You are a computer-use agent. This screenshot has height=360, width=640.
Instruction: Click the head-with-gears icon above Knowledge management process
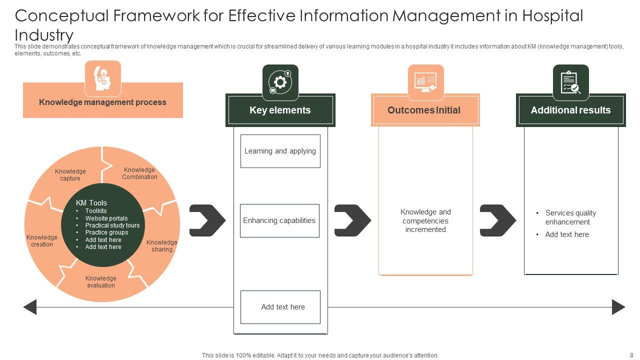(x=102, y=78)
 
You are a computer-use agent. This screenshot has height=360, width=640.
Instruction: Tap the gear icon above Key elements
(x=280, y=82)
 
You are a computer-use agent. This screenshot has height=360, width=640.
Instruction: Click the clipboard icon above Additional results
(x=570, y=82)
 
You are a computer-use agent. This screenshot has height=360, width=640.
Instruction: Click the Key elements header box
(x=280, y=110)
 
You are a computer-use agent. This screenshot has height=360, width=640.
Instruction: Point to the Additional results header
(x=570, y=110)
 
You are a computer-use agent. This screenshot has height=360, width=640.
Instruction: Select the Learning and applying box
(x=280, y=151)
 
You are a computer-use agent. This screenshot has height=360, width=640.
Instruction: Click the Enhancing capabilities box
(x=279, y=220)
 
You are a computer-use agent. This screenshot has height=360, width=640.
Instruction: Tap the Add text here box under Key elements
(x=280, y=307)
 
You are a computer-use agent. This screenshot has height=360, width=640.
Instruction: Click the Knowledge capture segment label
(x=70, y=175)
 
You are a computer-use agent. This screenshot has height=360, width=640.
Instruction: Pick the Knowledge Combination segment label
(x=139, y=173)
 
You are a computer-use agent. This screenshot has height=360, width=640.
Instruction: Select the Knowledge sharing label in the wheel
(x=161, y=246)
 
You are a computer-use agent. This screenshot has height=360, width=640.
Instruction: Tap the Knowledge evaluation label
(x=101, y=282)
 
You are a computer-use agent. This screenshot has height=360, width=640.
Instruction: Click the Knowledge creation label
(x=42, y=241)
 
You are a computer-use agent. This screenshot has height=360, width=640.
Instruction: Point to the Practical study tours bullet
(x=112, y=225)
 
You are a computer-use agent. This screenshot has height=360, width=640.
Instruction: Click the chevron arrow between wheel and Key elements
(x=207, y=220)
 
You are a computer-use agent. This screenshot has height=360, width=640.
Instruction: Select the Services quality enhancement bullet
(x=570, y=217)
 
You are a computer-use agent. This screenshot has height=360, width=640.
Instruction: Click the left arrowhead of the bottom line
(x=30, y=307)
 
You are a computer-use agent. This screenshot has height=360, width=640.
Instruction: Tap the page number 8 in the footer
(x=631, y=355)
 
